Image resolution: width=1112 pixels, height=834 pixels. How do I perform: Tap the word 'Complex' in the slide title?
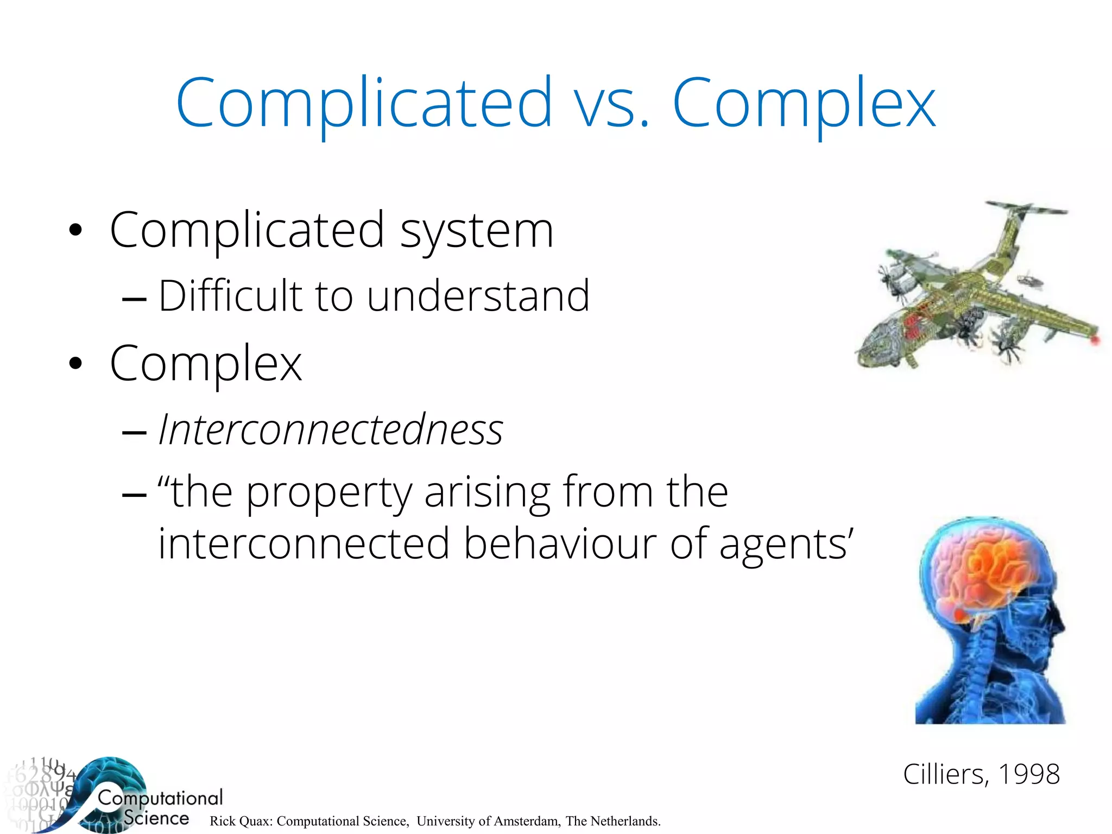click(804, 103)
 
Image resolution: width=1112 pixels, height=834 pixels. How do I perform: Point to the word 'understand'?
click(478, 296)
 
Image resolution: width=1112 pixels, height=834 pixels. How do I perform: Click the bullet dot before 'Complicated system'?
click(75, 230)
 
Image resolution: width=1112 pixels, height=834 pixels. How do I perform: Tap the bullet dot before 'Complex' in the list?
click(75, 364)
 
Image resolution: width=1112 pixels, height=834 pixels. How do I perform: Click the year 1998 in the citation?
click(1028, 774)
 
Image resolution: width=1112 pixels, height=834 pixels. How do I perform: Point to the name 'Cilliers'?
click(942, 774)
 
